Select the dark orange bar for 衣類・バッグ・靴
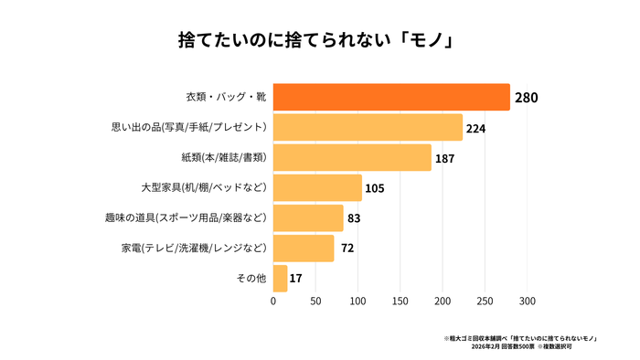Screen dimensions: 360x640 click(391, 97)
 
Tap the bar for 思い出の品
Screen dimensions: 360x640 click(368, 127)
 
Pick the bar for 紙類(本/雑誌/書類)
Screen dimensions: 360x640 click(352, 157)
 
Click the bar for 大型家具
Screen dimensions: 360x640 click(317, 187)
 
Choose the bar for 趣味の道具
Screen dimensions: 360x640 click(308, 217)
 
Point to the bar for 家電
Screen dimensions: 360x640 click(304, 248)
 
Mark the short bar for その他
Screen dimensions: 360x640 click(280, 278)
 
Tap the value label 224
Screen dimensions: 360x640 click(475, 128)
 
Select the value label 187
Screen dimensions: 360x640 click(444, 158)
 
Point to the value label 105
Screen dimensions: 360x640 click(374, 188)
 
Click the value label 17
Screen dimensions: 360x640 click(296, 278)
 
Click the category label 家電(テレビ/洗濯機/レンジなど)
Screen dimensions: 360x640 click(194, 248)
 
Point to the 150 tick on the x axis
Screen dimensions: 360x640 click(400, 300)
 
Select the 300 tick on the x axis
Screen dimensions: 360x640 click(528, 300)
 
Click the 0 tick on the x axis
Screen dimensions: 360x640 click(273, 300)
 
